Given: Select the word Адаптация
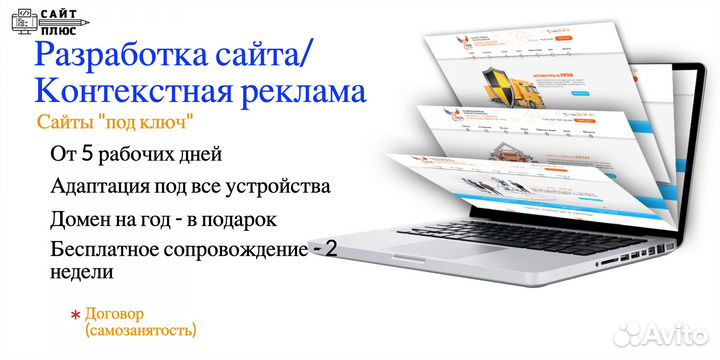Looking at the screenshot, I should coord(98,187).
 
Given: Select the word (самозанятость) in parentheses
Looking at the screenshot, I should coord(141,328).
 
